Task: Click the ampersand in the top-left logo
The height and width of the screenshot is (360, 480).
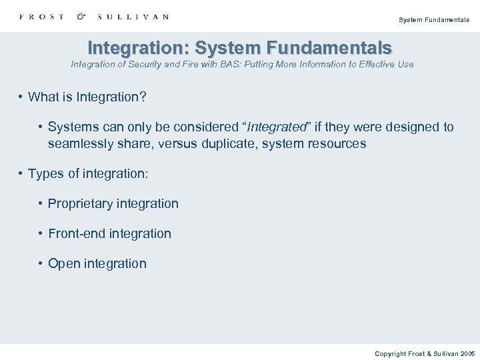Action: click(x=81, y=16)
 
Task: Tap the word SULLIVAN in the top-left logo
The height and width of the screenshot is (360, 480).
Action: click(x=133, y=17)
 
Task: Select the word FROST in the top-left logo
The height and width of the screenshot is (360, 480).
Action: click(x=42, y=17)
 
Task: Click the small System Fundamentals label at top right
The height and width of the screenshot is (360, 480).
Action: click(x=433, y=20)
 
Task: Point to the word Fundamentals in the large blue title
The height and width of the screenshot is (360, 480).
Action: click(x=329, y=48)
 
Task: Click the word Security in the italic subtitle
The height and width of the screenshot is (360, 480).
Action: click(x=156, y=65)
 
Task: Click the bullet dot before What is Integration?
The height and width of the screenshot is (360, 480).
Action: click(x=21, y=97)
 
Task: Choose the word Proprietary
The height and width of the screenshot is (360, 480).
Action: click(x=79, y=204)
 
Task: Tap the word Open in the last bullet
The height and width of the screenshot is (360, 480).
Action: click(x=64, y=264)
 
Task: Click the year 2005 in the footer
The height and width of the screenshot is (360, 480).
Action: click(x=467, y=353)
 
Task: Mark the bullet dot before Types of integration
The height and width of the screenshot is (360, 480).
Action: click(x=21, y=174)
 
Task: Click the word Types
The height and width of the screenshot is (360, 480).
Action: click(x=45, y=174)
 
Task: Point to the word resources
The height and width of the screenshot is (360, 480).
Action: click(x=336, y=143)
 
